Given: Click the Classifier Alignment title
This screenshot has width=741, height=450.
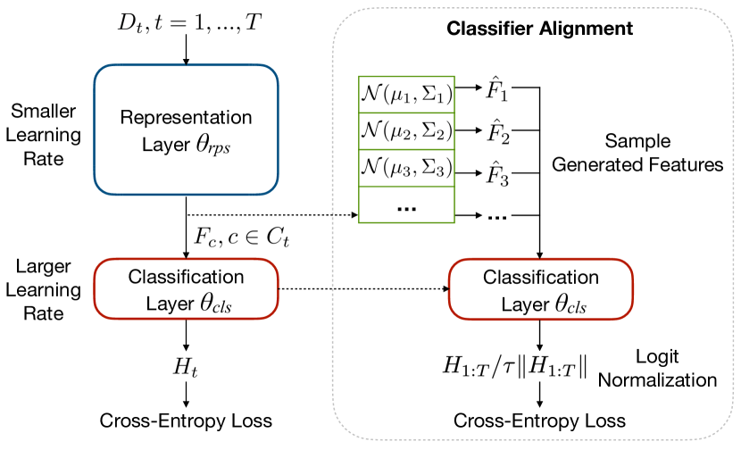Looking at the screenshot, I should coord(540,28).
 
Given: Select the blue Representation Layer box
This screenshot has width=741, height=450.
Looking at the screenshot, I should coord(186,129).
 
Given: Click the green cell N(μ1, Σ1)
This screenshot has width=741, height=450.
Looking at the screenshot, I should coord(407,93).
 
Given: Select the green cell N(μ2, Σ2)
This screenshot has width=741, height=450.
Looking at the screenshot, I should coord(407,131).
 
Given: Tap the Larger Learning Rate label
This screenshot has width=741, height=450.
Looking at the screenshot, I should coord(46,289).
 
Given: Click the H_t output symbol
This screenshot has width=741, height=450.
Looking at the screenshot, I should coord(186,366).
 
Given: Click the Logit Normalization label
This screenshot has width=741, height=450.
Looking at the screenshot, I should coord(658,368).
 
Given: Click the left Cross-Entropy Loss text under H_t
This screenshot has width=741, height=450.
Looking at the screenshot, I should coord(186,420).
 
